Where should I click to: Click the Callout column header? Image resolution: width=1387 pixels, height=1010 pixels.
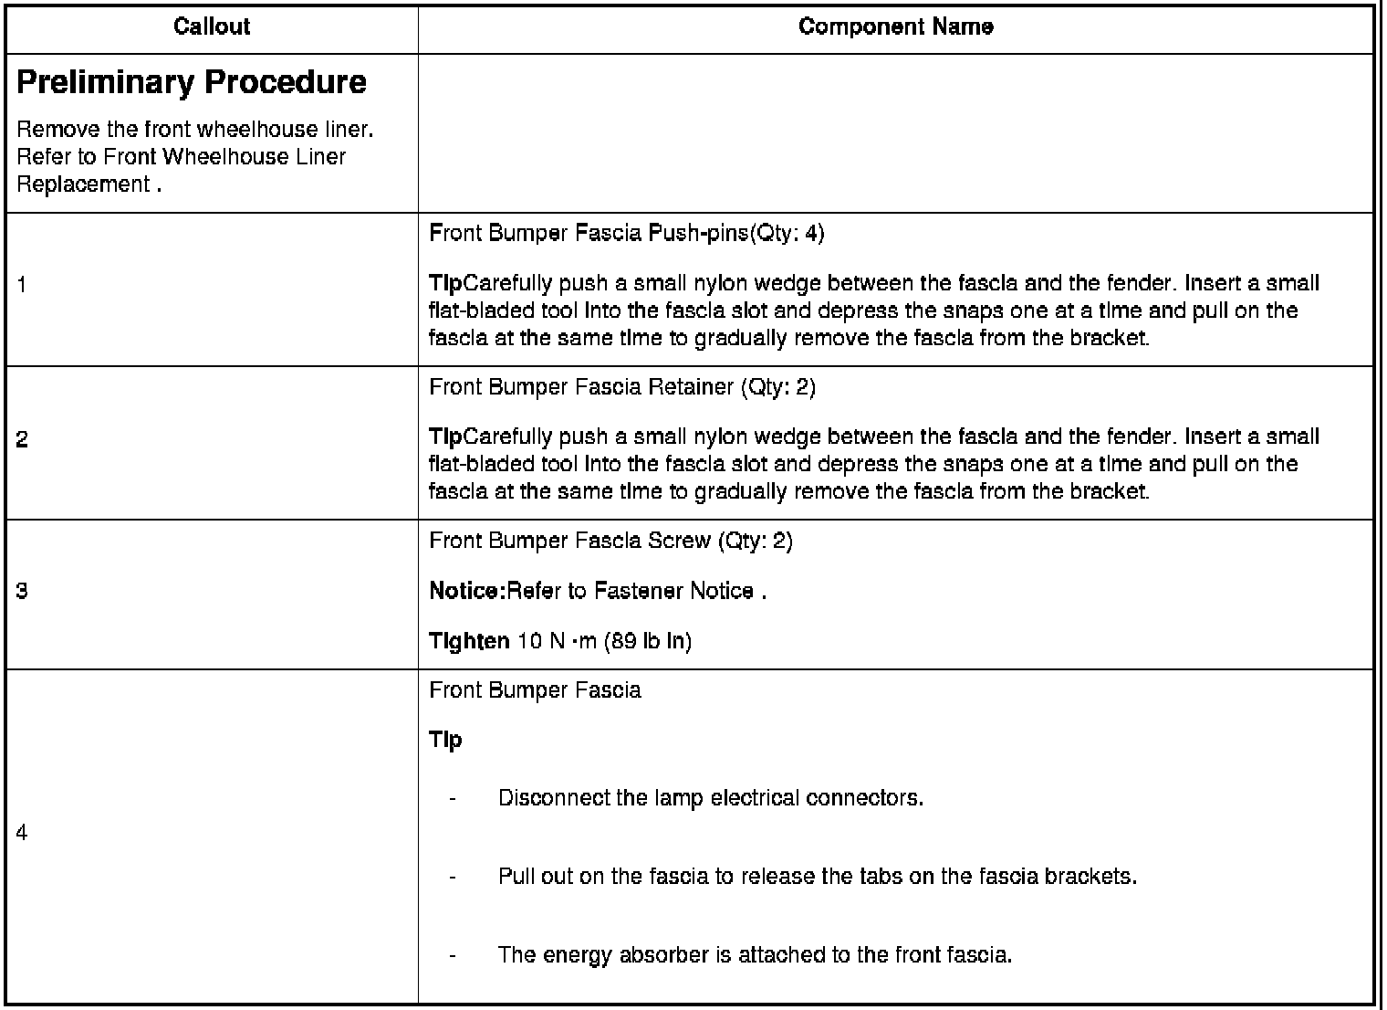(212, 27)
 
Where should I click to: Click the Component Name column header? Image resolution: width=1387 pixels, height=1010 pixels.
(895, 27)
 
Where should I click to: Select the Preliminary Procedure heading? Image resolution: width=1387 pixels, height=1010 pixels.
(192, 83)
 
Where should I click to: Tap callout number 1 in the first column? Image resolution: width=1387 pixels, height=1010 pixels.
(22, 286)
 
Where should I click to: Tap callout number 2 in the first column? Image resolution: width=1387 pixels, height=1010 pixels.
(22, 440)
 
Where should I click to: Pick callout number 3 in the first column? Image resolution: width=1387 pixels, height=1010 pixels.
(22, 592)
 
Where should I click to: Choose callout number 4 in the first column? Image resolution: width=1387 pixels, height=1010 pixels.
(22, 833)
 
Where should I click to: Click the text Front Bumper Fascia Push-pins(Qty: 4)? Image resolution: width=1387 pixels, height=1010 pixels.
(626, 234)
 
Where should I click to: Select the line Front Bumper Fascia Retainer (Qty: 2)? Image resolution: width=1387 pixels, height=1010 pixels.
(621, 387)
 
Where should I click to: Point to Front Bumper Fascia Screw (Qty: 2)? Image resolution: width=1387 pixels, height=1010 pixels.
(610, 541)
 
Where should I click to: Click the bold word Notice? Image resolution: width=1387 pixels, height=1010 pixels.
(466, 592)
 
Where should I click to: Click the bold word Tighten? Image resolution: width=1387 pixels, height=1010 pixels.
(469, 641)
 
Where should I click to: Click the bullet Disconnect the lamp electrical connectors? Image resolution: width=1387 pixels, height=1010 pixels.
(710, 798)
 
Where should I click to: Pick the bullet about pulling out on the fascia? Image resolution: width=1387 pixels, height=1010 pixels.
(817, 877)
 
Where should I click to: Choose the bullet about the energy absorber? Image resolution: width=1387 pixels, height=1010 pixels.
(755, 955)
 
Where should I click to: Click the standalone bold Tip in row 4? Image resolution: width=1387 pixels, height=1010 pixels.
(445, 740)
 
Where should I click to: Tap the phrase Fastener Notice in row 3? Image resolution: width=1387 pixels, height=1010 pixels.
(673, 592)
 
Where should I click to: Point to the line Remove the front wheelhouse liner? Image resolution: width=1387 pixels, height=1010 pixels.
(195, 130)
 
